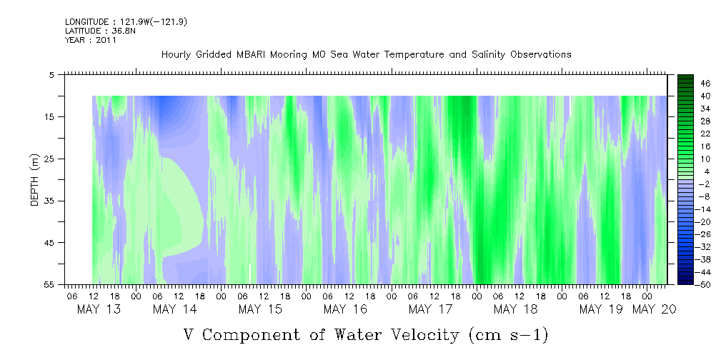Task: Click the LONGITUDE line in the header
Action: coord(126,21)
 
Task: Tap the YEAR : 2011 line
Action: coord(91,40)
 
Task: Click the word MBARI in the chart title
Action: coord(252,55)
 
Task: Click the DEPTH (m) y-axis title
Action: coord(35,180)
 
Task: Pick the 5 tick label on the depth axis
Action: coord(51,74)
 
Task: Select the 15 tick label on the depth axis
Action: coord(49,116)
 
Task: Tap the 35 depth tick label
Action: coord(49,201)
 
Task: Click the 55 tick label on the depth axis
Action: coord(49,284)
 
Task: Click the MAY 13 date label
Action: coord(99,309)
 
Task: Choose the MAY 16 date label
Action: coord(345,309)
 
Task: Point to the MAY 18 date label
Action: coord(515,309)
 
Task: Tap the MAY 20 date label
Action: coord(654,309)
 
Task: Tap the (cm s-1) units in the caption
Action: coord(509,335)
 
